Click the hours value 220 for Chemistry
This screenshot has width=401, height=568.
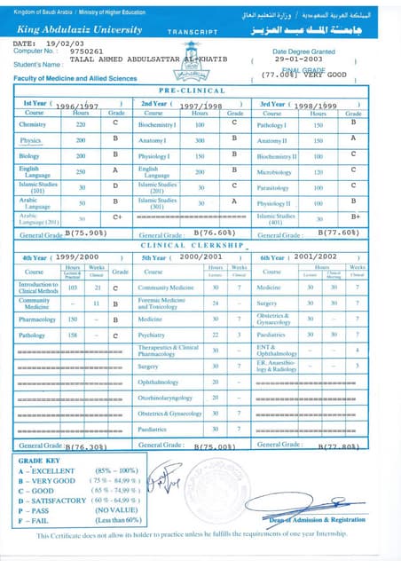[x=82, y=124]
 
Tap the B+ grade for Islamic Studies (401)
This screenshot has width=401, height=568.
[x=354, y=217]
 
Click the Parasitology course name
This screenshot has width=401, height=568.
[x=273, y=187]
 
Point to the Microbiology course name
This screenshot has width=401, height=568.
[x=273, y=172]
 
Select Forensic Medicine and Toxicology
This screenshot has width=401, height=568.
[x=163, y=303]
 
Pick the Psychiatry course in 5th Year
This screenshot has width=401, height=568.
[x=152, y=335]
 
